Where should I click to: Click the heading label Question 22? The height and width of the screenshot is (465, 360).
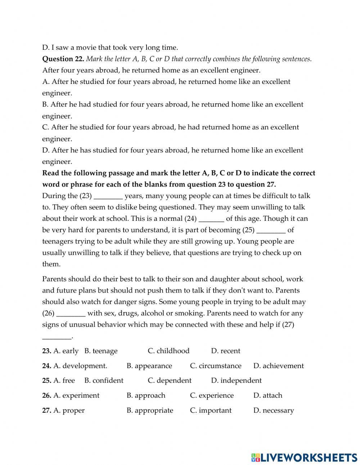63,59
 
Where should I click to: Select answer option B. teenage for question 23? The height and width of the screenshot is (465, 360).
101,351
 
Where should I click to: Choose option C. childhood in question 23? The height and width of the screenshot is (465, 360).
168,351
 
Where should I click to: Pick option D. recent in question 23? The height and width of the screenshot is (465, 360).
225,351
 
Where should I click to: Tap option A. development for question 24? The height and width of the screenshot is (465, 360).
80,366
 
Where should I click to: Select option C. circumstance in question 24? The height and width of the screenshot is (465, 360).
216,366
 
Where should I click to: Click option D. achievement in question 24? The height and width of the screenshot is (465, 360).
278,366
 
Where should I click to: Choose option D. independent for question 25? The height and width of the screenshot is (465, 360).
236,380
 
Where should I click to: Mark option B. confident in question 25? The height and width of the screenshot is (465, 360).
104,380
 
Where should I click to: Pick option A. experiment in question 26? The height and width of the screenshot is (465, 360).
76,395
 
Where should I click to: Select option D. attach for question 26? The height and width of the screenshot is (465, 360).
267,395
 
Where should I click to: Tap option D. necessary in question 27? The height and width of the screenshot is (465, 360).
273,410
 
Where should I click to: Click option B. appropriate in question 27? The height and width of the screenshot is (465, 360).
149,410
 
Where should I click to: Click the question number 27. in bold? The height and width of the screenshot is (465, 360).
46,410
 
